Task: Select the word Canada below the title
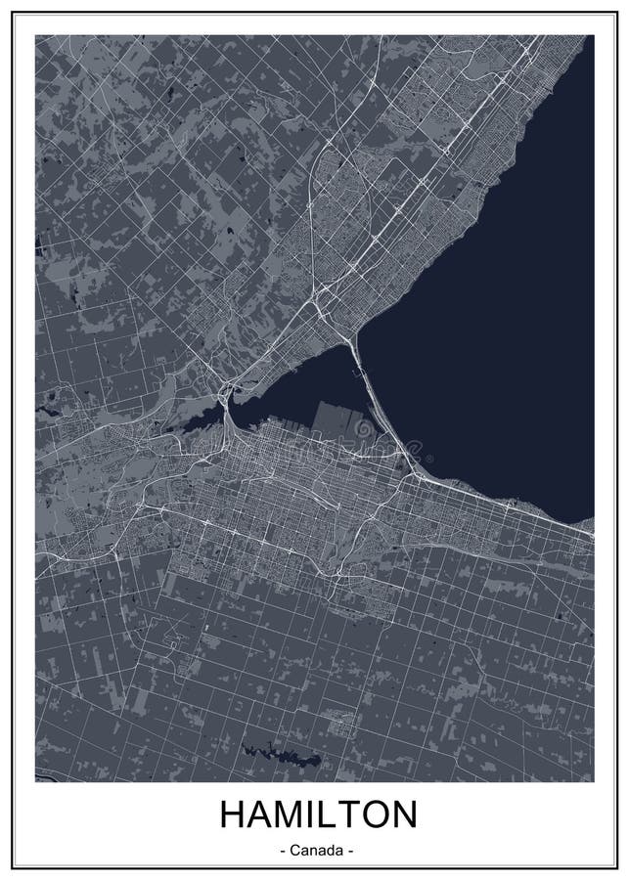pos(315,851)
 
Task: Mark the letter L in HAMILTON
pos(323,815)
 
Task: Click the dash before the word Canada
pos(282,851)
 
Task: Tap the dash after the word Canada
pos(349,851)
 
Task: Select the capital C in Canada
pos(293,851)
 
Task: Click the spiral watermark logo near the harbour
pos(364,429)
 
